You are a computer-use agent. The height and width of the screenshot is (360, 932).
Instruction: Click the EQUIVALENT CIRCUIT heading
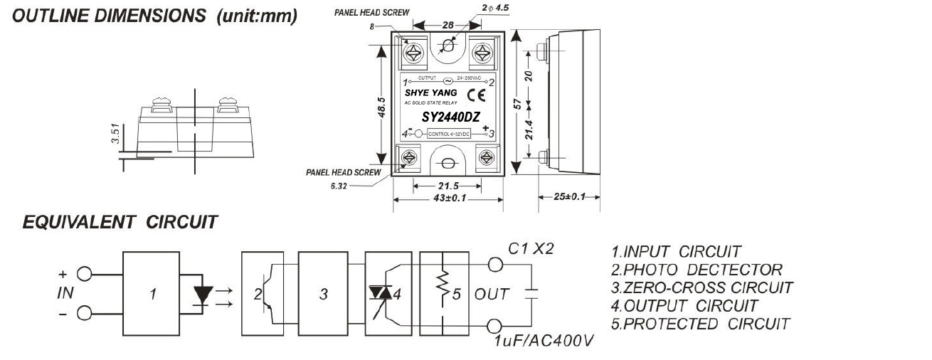coord(120,223)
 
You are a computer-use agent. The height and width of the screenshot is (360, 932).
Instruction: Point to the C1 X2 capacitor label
coord(530,248)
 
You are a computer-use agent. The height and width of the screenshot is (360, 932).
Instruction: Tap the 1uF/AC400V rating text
coord(544,342)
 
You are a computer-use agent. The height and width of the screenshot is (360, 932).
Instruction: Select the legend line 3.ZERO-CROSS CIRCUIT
coord(701,287)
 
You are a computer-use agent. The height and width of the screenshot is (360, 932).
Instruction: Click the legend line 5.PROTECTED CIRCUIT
coord(700,324)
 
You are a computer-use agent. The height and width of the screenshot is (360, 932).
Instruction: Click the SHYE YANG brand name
coord(431,93)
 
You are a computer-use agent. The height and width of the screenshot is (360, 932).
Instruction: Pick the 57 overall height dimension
coord(519,104)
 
